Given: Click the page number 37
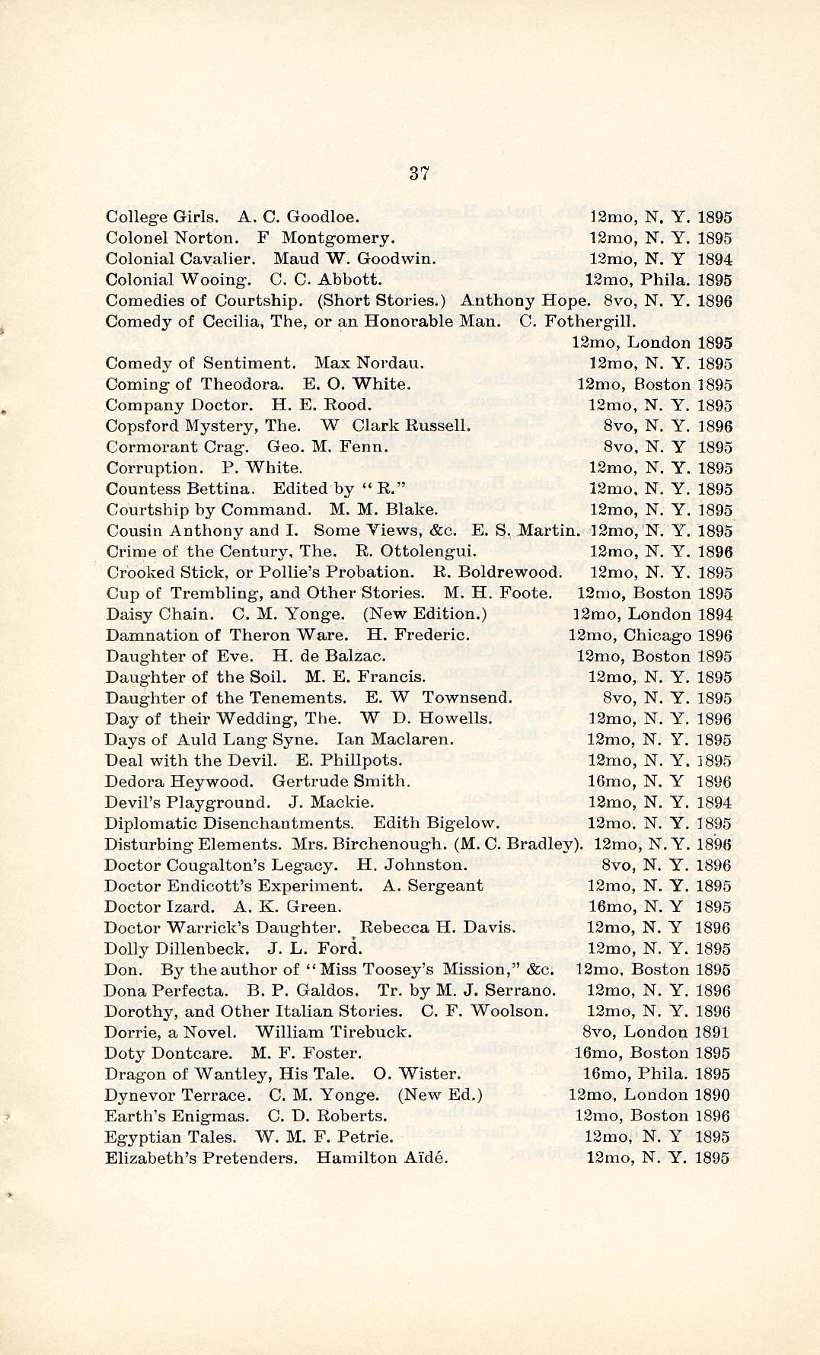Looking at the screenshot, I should [x=419, y=172].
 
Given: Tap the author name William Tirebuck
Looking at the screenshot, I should [x=333, y=1032].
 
